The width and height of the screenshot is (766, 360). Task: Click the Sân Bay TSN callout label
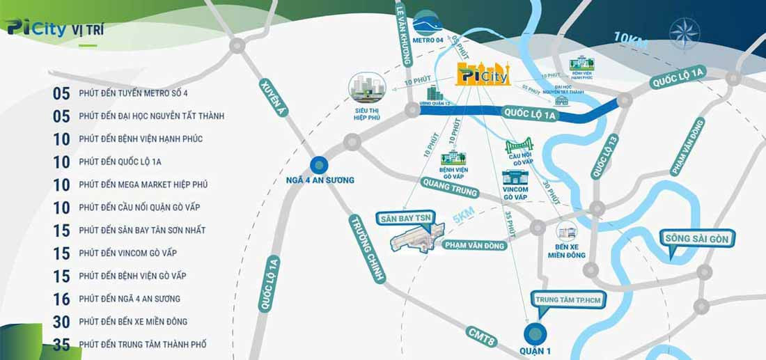[x=404, y=218]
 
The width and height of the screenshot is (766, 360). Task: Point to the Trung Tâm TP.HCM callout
[x=568, y=300]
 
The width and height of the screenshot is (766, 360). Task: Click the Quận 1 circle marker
[x=535, y=334]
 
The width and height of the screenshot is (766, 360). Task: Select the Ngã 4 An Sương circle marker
[x=319, y=166]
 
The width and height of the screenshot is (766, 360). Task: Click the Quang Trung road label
[x=450, y=187]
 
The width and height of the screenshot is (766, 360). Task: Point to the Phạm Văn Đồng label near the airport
[x=474, y=244]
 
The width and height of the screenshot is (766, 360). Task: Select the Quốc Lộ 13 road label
[x=604, y=156]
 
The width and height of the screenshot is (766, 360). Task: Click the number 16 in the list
[x=62, y=299]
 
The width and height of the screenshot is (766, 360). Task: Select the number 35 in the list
[x=62, y=344]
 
